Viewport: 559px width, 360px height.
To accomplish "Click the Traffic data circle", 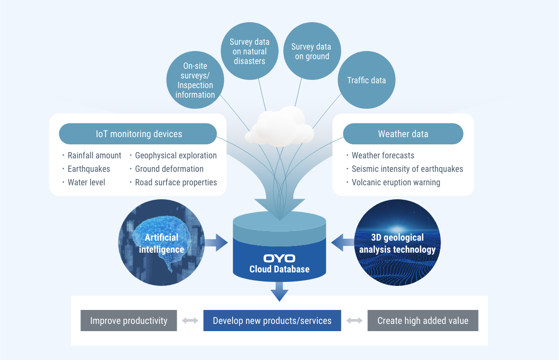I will [x=366, y=80].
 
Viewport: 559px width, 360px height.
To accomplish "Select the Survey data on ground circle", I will [x=311, y=51].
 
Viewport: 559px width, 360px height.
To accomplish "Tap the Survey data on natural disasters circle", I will [x=249, y=51].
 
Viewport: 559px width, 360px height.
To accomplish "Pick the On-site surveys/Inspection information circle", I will [x=195, y=80].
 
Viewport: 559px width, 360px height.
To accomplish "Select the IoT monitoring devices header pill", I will [x=138, y=134].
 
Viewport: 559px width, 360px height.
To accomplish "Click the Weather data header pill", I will [x=403, y=134].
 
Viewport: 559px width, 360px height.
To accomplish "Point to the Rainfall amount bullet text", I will [x=94, y=155].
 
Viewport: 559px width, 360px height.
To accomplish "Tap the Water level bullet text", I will [x=86, y=182].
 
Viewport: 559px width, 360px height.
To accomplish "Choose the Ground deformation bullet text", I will [x=169, y=169].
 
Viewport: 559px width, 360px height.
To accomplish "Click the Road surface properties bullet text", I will [x=176, y=182].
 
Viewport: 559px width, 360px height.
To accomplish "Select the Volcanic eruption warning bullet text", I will [x=396, y=182].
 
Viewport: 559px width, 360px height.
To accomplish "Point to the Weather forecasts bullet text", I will [x=383, y=155].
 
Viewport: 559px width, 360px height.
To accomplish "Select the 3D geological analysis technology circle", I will [x=397, y=243].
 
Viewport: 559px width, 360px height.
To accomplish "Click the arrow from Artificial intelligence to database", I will [x=215, y=243].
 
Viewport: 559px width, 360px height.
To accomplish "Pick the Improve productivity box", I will [x=129, y=321].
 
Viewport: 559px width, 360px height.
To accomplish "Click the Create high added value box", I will [x=423, y=321].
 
